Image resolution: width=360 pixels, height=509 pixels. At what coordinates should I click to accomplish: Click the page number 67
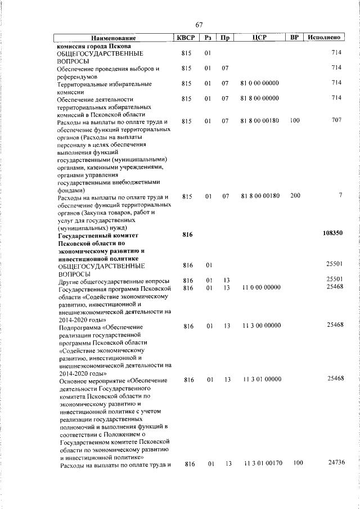(x=199, y=25)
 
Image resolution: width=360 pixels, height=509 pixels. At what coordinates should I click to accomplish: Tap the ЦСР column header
(x=259, y=38)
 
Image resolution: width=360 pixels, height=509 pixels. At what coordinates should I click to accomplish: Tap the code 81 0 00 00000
(x=259, y=83)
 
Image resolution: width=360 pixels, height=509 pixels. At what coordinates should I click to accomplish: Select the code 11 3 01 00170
(x=263, y=463)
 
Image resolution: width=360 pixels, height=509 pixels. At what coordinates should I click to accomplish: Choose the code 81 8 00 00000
(x=259, y=98)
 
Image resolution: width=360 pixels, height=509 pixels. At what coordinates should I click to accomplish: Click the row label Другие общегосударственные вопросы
(x=113, y=281)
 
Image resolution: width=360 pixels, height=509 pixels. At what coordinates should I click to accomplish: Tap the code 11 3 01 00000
(x=262, y=380)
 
